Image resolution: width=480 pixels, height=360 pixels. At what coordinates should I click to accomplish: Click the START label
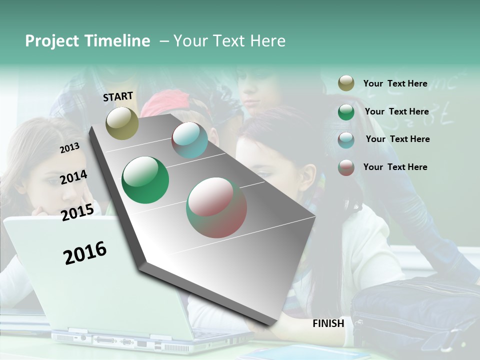click(118, 96)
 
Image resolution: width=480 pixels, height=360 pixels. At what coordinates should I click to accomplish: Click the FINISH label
click(328, 323)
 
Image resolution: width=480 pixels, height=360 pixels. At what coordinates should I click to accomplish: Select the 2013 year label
click(69, 148)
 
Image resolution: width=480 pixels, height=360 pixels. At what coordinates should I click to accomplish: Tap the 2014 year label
click(73, 177)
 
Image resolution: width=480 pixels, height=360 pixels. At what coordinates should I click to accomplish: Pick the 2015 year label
click(77, 212)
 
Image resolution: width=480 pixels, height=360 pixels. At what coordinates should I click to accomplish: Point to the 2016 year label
click(85, 252)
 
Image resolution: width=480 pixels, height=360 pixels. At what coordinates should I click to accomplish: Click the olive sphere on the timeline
click(122, 123)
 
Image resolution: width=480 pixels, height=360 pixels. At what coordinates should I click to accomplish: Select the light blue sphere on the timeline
click(189, 140)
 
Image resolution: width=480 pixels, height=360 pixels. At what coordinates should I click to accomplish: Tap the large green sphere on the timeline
click(145, 180)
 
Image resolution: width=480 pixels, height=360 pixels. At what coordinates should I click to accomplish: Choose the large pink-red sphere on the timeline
click(216, 207)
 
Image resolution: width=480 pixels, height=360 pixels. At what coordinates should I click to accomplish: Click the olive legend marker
click(346, 83)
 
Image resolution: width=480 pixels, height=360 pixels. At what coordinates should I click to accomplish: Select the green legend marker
click(346, 112)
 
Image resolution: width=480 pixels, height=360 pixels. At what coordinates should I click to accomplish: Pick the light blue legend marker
click(346, 140)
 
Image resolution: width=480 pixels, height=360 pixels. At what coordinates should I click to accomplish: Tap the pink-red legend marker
click(346, 167)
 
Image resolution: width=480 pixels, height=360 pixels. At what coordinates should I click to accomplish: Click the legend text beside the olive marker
click(395, 83)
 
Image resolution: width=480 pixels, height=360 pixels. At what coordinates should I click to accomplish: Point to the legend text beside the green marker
click(396, 111)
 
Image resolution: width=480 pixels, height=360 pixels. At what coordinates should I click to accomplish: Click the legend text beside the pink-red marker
click(395, 167)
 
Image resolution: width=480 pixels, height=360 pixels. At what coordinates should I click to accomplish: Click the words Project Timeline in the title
click(87, 41)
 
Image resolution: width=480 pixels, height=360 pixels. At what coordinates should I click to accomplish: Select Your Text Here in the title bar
click(229, 41)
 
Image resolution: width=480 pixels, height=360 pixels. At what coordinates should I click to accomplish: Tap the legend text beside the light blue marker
click(397, 139)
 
